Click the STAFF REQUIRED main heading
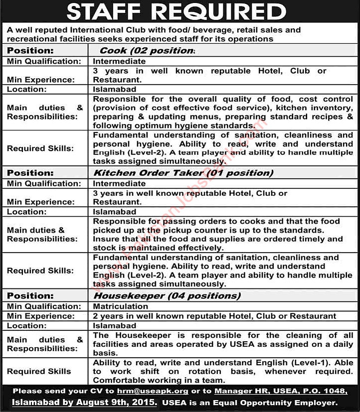(x=180, y=11)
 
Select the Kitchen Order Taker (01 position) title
(x=183, y=173)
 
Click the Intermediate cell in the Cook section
(x=119, y=61)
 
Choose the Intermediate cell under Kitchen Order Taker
(x=119, y=184)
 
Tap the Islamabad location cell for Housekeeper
(x=115, y=325)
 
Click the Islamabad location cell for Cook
(x=115, y=89)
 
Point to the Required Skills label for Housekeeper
(x=39, y=371)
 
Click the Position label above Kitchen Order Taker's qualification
(x=30, y=173)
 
